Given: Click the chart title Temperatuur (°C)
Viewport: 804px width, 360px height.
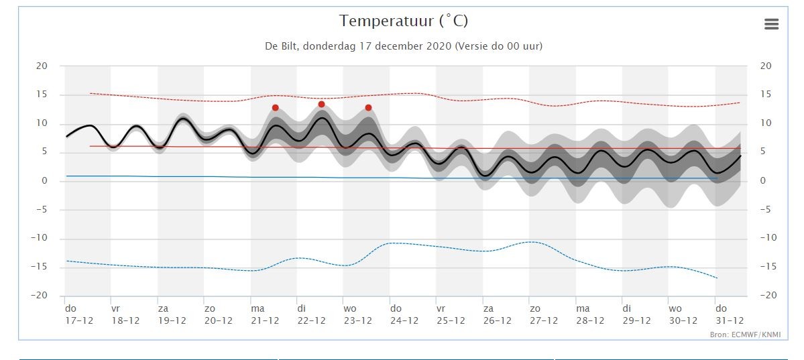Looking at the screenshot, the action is pyautogui.click(x=404, y=21).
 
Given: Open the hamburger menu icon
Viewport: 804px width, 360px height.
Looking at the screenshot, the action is pyautogui.click(x=771, y=23).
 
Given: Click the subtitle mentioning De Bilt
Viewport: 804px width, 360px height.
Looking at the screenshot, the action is pyautogui.click(x=404, y=46).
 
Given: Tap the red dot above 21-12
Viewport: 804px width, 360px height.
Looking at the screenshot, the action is pyautogui.click(x=276, y=108).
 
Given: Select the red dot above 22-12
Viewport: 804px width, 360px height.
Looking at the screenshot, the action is pyautogui.click(x=321, y=104).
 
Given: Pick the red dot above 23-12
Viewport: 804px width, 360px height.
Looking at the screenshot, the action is pyautogui.click(x=368, y=108).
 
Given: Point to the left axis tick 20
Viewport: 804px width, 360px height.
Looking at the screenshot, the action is pyautogui.click(x=42, y=66).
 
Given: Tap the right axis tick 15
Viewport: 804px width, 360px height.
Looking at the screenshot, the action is pyautogui.click(x=766, y=95).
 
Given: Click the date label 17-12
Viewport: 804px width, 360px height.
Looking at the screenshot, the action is pyautogui.click(x=79, y=320).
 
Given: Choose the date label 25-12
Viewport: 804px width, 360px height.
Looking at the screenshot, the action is pyautogui.click(x=451, y=320).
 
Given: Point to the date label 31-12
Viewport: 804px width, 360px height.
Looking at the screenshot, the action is pyautogui.click(x=730, y=320).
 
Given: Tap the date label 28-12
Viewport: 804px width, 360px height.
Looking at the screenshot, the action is pyautogui.click(x=590, y=320).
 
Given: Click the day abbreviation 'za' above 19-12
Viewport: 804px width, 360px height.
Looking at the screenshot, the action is pyautogui.click(x=163, y=309).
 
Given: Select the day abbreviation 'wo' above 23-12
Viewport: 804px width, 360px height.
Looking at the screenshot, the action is pyautogui.click(x=350, y=309).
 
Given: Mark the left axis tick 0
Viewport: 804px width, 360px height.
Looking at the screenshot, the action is pyautogui.click(x=45, y=180).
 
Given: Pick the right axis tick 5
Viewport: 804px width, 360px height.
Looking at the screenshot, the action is pyautogui.click(x=764, y=152).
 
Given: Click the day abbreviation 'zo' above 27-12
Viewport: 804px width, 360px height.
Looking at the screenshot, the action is pyautogui.click(x=535, y=309).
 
